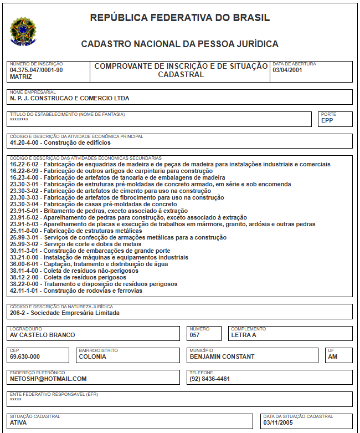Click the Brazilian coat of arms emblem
pyautogui.click(x=23, y=30)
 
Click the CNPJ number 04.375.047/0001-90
pyautogui.click(x=36, y=70)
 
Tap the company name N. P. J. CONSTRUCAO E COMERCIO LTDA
pyautogui.click(x=69, y=98)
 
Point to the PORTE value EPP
pyautogui.click(x=327, y=121)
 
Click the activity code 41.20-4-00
pyautogui.click(x=25, y=142)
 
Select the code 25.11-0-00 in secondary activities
pyautogui.click(x=25, y=231)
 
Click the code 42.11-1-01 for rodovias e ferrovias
pyautogui.click(x=25, y=291)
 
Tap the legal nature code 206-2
pyautogui.click(x=18, y=313)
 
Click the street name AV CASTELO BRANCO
pyautogui.click(x=42, y=335)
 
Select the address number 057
pyautogui.click(x=194, y=335)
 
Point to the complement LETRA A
pyautogui.click(x=244, y=335)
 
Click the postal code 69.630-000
pyautogui.click(x=25, y=356)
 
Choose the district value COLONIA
pyautogui.click(x=92, y=356)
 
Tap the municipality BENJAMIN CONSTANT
pyautogui.click(x=222, y=356)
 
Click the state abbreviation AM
pyautogui.click(x=333, y=356)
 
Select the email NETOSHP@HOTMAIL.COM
pyautogui.click(x=48, y=379)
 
